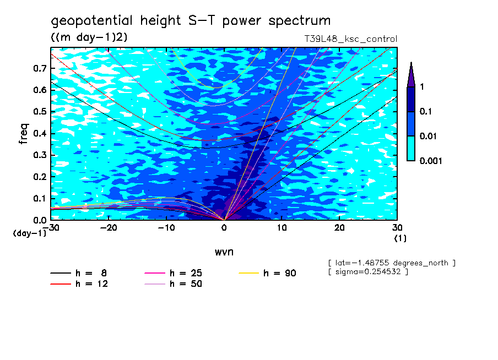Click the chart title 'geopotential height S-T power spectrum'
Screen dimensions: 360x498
pyautogui.click(x=191, y=21)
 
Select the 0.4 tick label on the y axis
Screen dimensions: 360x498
pyautogui.click(x=39, y=134)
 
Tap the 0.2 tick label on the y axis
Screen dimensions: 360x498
pyautogui.click(x=39, y=177)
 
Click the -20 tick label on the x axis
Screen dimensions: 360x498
pyautogui.click(x=108, y=227)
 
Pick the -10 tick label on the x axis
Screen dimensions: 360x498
pyautogui.click(x=166, y=227)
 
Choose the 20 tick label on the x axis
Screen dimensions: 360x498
pyautogui.click(x=339, y=227)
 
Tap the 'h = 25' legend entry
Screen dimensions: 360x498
pyautogui.click(x=186, y=273)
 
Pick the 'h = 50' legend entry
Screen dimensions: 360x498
pyautogui.click(x=186, y=284)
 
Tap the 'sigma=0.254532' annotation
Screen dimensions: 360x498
pyautogui.click(x=367, y=272)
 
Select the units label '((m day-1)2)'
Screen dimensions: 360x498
pyautogui.click(x=89, y=37)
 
